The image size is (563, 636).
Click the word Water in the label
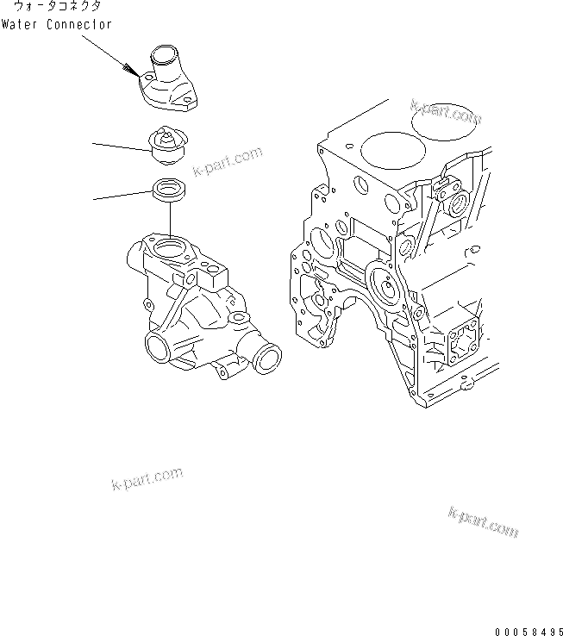(19, 25)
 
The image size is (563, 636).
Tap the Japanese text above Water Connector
(57, 8)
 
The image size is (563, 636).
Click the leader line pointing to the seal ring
(121, 196)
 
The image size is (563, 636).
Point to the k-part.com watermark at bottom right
(483, 522)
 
